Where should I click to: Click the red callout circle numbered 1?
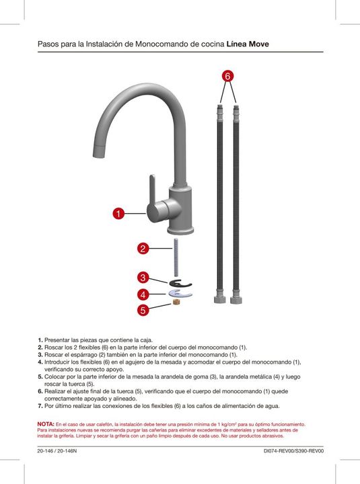pos(118,213)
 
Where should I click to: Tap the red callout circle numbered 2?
pos(143,249)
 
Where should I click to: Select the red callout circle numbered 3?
pos(143,278)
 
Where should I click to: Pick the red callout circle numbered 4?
pos(143,295)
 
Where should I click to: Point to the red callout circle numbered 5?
pos(143,310)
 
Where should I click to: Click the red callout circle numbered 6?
pos(227,76)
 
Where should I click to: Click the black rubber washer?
pos(180,283)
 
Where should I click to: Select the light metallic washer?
pos(180,294)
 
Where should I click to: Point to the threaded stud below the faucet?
pos(176,257)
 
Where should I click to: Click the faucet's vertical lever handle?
pos(153,192)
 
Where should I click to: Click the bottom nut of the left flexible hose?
pos(220,299)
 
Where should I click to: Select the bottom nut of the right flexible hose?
pos(236,300)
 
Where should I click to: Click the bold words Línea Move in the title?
pos(248,44)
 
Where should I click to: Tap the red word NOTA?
pos(46,424)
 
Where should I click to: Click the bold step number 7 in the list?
pos(40,406)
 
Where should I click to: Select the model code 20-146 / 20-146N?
pos(57,451)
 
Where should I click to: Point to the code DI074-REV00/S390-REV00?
pos(293,451)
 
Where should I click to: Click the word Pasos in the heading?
pos(48,44)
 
